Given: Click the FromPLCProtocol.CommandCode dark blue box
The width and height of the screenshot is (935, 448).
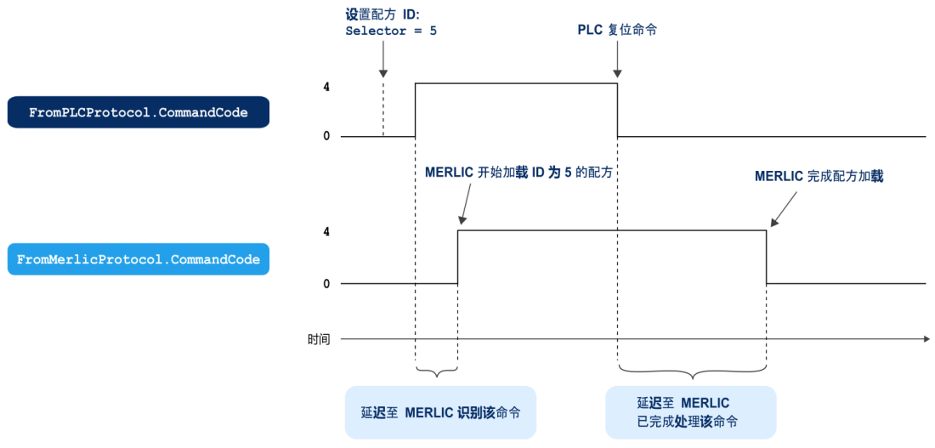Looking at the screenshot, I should [x=138, y=112].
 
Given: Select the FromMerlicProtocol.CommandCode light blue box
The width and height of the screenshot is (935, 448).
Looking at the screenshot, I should [x=138, y=259].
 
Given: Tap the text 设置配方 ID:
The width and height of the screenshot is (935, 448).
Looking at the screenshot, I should [x=382, y=14].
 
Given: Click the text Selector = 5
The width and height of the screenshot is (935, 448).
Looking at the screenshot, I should [x=390, y=30].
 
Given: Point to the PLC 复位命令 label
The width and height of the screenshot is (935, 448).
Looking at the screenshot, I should [x=617, y=30].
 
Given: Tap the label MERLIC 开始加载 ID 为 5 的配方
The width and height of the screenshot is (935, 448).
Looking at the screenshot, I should [x=518, y=172].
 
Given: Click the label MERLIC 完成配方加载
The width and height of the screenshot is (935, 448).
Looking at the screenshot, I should [x=819, y=176].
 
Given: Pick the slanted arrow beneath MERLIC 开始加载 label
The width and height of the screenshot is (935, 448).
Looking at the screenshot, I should [x=466, y=206].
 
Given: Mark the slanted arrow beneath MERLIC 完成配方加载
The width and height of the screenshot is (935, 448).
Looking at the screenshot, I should [x=783, y=210].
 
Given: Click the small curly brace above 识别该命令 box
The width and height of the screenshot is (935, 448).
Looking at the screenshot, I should [x=437, y=371].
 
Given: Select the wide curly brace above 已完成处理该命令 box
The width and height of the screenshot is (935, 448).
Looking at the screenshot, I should [x=692, y=371].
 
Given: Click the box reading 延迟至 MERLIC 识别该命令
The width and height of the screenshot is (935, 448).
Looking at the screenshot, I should [x=440, y=412].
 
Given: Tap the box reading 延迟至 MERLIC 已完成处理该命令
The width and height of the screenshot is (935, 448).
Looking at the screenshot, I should [x=691, y=412].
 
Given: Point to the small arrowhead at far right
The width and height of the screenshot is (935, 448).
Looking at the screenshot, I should [x=926, y=339].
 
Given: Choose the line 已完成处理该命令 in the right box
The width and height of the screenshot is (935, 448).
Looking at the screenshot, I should [x=687, y=422].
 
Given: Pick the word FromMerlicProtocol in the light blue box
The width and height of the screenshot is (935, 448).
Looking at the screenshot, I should [x=89, y=259].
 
